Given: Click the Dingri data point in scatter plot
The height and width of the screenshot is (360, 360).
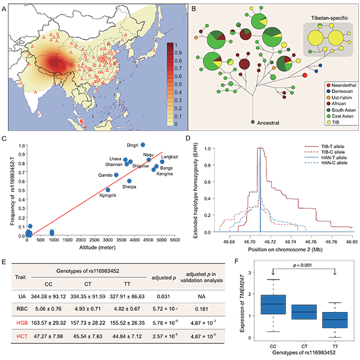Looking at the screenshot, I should pyautogui.click(x=142, y=145).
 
